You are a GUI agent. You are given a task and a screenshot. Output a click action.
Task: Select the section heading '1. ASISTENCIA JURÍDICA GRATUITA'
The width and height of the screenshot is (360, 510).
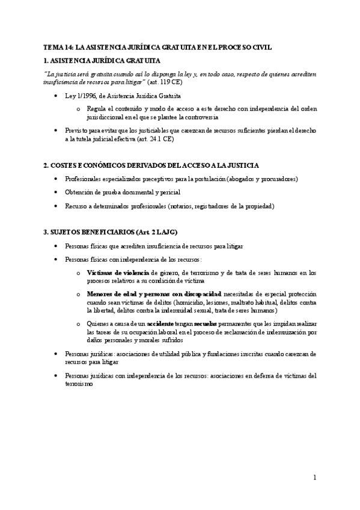click(x=102, y=61)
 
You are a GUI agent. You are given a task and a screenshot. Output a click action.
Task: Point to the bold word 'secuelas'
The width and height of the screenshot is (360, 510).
click(x=204, y=324)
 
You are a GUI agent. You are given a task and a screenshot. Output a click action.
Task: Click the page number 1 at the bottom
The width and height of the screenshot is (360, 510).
click(x=314, y=478)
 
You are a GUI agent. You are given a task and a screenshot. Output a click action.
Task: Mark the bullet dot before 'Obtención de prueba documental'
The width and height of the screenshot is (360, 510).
click(x=55, y=192)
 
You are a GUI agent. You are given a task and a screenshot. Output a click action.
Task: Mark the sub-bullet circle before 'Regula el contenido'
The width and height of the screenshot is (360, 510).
click(x=78, y=109)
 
